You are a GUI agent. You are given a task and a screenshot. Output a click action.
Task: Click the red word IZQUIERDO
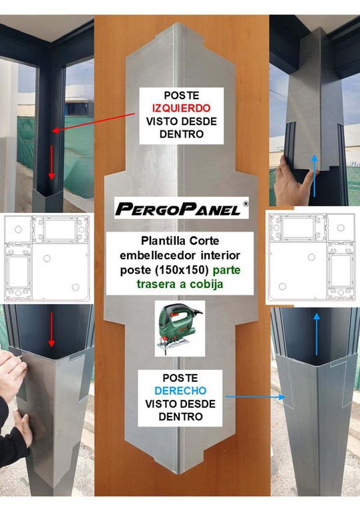tap(181, 108)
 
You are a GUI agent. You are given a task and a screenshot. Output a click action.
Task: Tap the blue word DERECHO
tap(180, 391)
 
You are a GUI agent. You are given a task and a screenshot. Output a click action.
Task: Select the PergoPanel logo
tap(182, 208)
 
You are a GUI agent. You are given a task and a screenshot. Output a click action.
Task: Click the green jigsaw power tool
tap(180, 327)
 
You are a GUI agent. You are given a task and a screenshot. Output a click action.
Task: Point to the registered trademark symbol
tap(246, 204)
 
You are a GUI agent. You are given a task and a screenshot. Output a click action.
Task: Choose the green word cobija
tap(206, 284)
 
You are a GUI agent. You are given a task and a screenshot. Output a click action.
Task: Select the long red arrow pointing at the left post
tap(94, 122)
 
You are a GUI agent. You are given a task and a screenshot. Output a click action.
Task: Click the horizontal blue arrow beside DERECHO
tap(255, 397)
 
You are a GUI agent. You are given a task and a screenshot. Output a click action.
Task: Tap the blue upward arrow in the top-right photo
tap(314, 176)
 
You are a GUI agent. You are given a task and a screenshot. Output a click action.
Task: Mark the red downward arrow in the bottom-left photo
tap(51, 329)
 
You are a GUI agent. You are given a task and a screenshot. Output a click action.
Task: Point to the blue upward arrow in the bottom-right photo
tap(316, 334)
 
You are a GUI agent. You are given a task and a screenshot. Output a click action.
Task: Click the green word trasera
tap(156, 284)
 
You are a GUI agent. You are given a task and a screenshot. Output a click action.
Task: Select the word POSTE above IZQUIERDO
tap(182, 95)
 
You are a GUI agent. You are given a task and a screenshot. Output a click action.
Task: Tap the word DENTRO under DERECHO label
tap(180, 417)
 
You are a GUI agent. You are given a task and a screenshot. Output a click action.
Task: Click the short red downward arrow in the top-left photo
tap(51, 162)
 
